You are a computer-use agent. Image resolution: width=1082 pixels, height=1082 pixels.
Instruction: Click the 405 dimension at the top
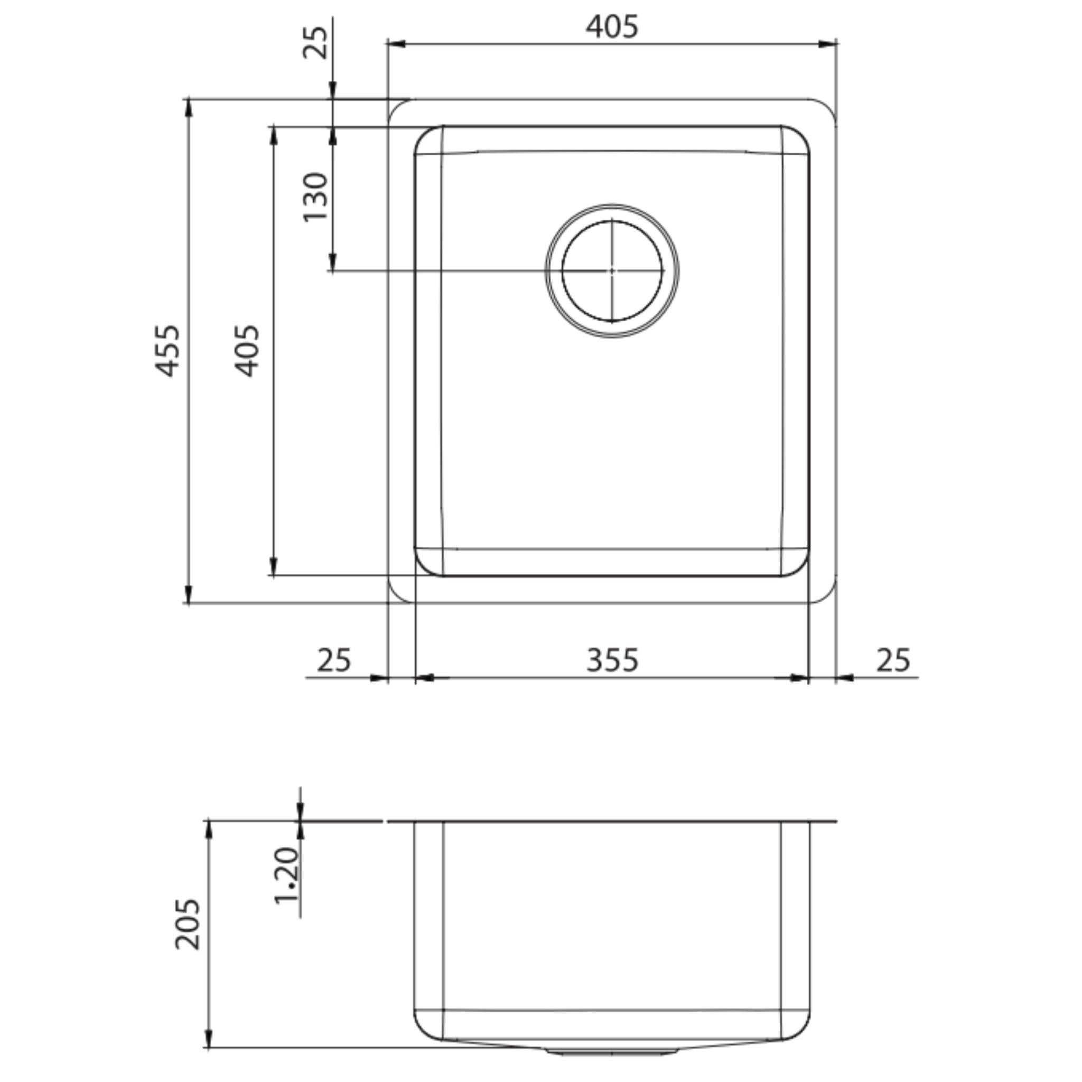tap(612, 26)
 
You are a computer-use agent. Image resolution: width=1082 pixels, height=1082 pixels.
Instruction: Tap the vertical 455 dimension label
tap(167, 351)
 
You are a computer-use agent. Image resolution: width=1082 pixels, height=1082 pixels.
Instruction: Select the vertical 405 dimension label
tap(247, 351)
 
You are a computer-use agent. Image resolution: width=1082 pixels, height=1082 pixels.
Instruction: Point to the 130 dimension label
tap(315, 197)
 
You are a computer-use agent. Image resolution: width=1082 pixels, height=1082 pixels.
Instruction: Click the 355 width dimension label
tap(612, 660)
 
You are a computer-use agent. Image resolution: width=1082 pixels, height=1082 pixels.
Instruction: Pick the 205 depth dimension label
tap(187, 924)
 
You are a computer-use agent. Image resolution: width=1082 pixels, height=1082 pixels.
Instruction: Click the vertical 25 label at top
tap(315, 42)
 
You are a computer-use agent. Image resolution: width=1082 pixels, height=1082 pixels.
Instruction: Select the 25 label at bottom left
tap(334, 660)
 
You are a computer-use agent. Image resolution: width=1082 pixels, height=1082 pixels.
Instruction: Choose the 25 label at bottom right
tap(893, 660)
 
